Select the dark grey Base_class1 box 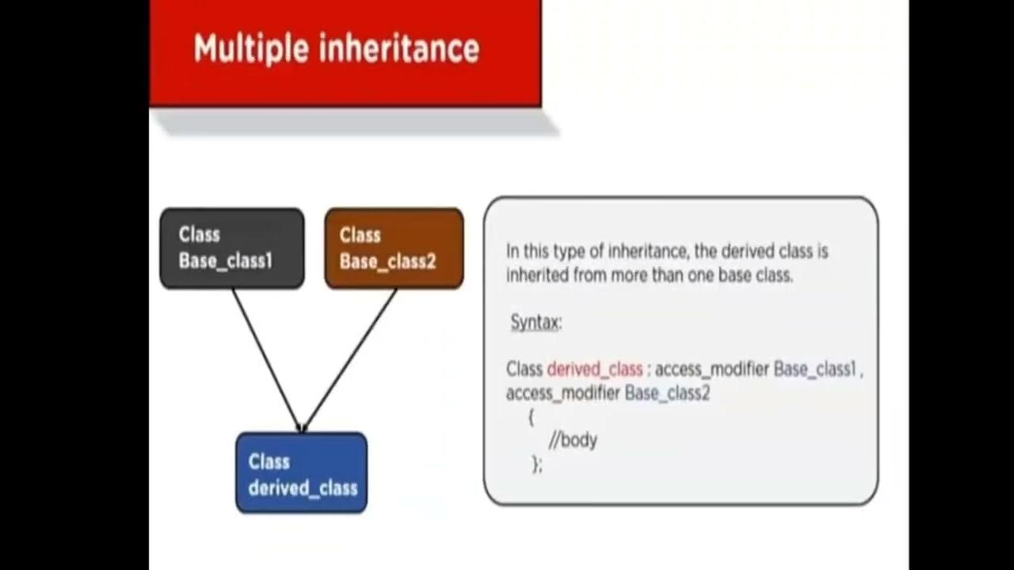(x=231, y=248)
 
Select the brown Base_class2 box (x=394, y=248)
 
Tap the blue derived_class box (x=301, y=473)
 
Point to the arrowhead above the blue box (x=302, y=427)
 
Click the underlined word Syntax (x=536, y=322)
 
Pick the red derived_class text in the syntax (x=594, y=369)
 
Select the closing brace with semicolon (x=537, y=465)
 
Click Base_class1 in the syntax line (x=815, y=369)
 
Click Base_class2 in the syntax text (x=667, y=393)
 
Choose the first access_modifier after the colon (x=712, y=369)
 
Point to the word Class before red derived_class (x=524, y=369)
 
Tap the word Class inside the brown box (x=360, y=235)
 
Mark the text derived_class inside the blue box (x=303, y=488)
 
